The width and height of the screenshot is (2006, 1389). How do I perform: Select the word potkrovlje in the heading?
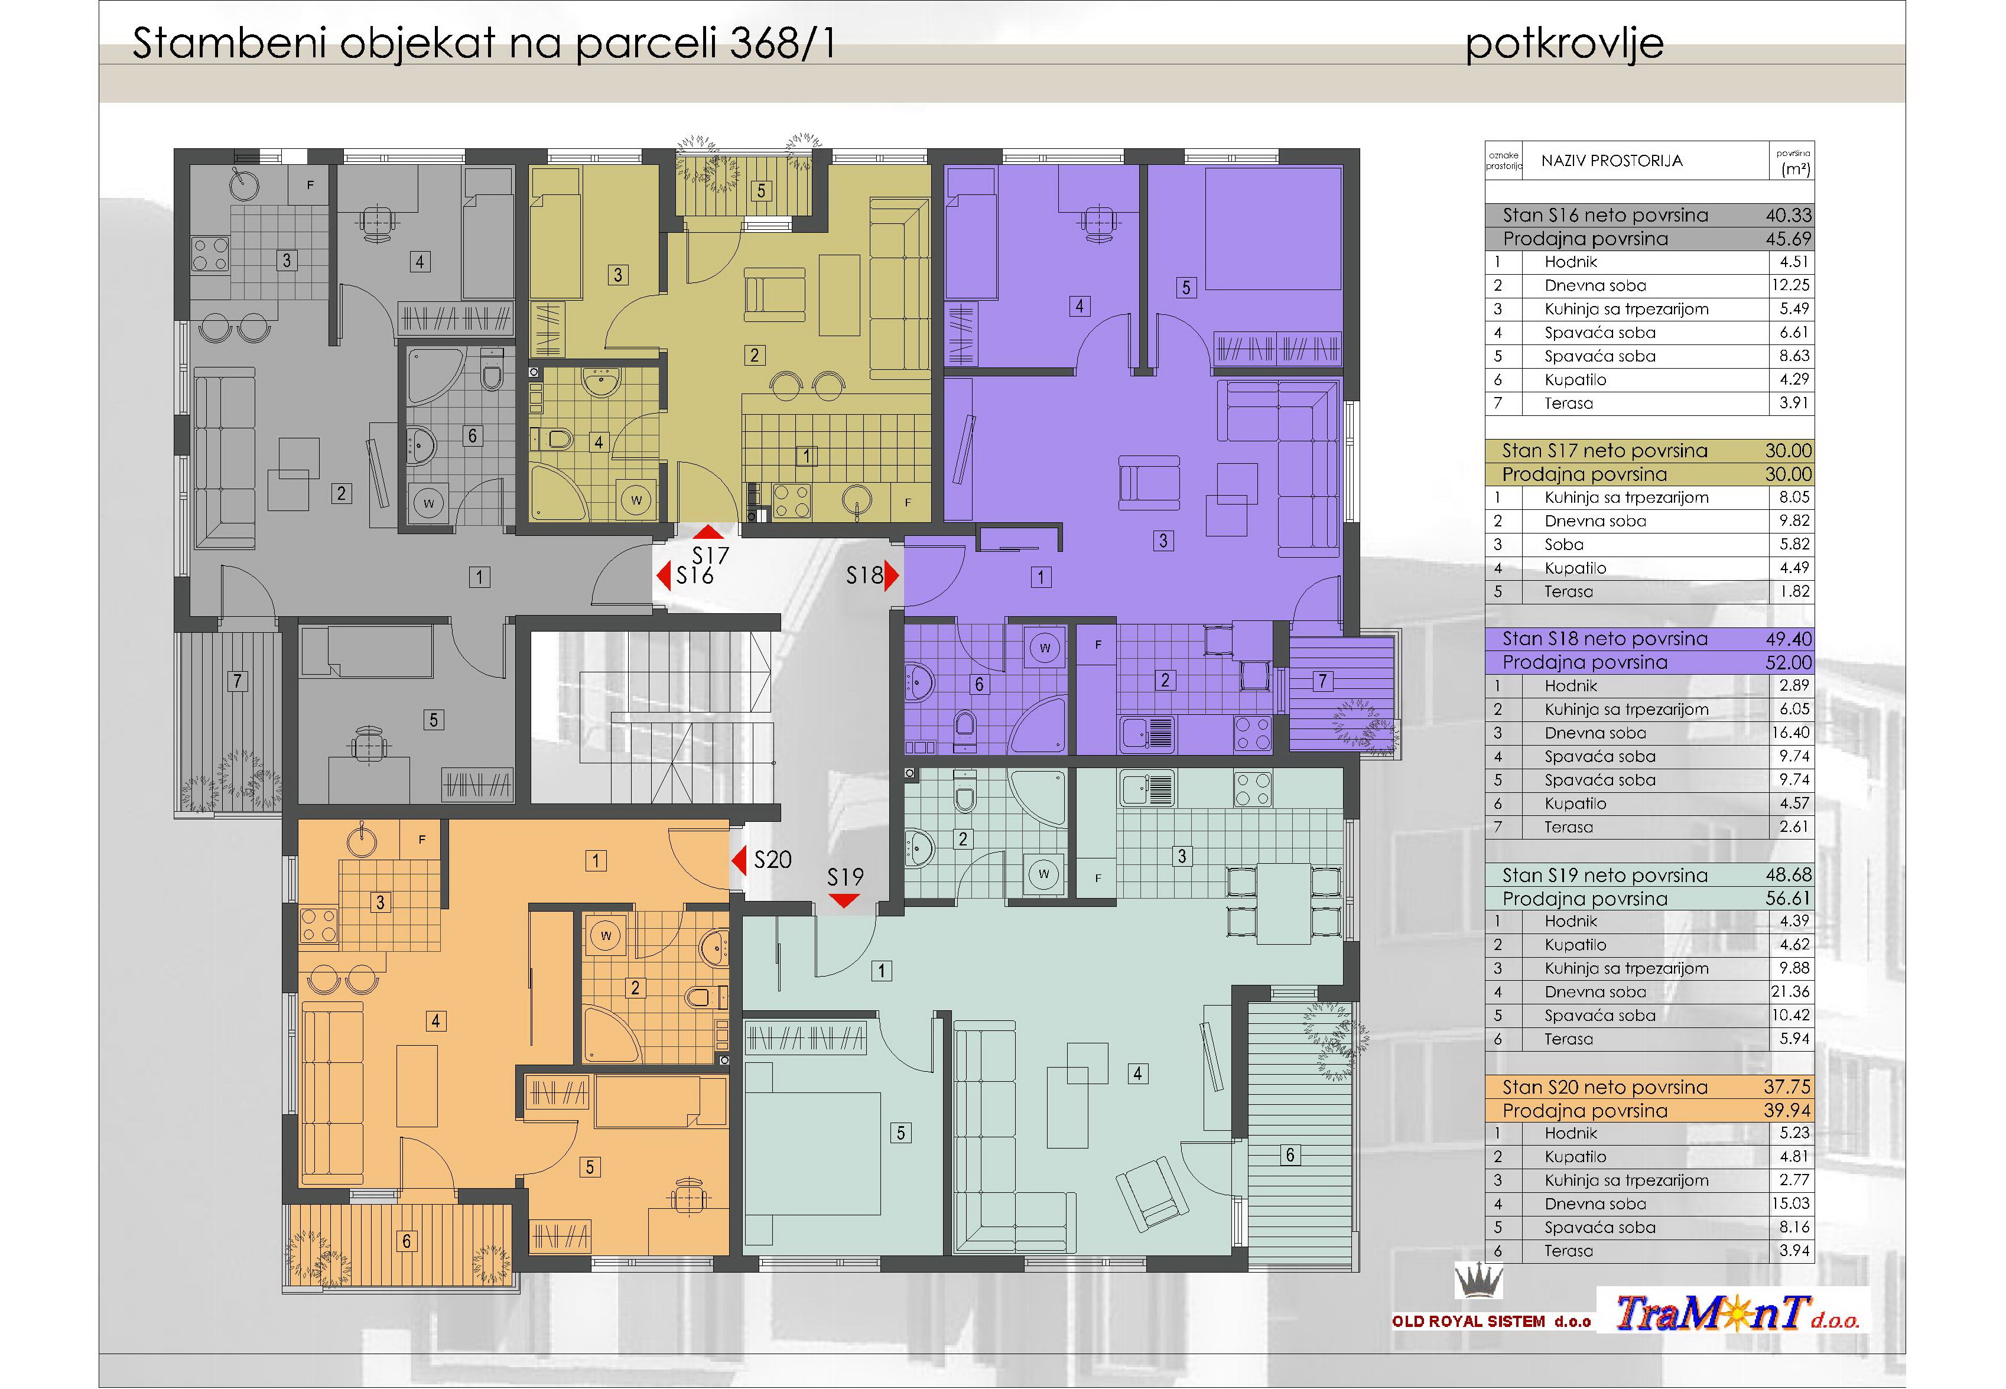1564,44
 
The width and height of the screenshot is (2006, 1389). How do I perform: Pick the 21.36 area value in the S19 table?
1790,991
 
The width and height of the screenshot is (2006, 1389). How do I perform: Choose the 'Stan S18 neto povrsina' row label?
1605,639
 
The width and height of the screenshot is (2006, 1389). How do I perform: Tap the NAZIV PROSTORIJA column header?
1612,161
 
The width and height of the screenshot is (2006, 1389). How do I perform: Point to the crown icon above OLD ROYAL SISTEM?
1478,1281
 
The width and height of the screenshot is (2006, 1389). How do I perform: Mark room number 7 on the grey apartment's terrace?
237,681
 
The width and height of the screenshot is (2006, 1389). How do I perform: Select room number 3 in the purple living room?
1163,541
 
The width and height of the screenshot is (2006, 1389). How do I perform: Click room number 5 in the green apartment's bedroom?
900,1132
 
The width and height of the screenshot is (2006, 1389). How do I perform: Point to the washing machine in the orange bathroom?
606,936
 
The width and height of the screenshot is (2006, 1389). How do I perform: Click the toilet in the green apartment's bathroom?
963,793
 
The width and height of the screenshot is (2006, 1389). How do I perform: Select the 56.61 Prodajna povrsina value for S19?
1789,898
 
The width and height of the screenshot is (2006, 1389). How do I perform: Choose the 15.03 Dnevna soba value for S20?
1790,1203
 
